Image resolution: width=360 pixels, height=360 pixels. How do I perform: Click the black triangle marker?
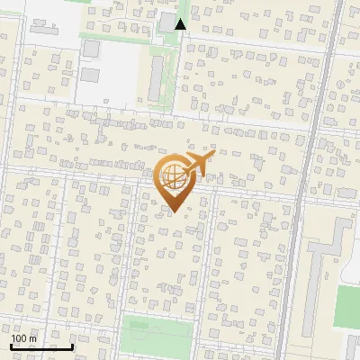[x=181, y=23]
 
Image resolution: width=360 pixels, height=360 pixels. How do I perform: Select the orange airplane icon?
[x=199, y=164]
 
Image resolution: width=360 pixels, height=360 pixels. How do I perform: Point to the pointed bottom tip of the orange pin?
[x=173, y=211]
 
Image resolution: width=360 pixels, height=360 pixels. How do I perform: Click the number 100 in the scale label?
[x=20, y=338]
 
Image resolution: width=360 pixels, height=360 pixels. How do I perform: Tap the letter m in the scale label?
[x=33, y=338]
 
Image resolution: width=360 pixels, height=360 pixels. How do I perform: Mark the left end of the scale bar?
[x=11, y=346]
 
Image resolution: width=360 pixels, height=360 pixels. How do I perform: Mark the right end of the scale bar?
[x=73, y=346]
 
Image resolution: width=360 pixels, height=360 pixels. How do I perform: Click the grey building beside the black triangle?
[x=167, y=22]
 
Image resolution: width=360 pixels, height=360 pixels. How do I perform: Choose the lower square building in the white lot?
[x=91, y=73]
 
